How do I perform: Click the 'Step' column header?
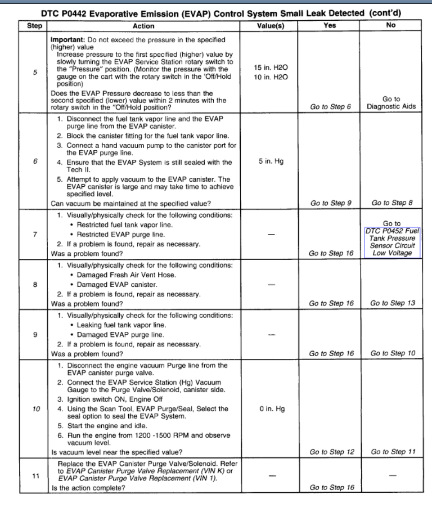point(34,26)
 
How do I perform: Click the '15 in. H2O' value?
point(271,68)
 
